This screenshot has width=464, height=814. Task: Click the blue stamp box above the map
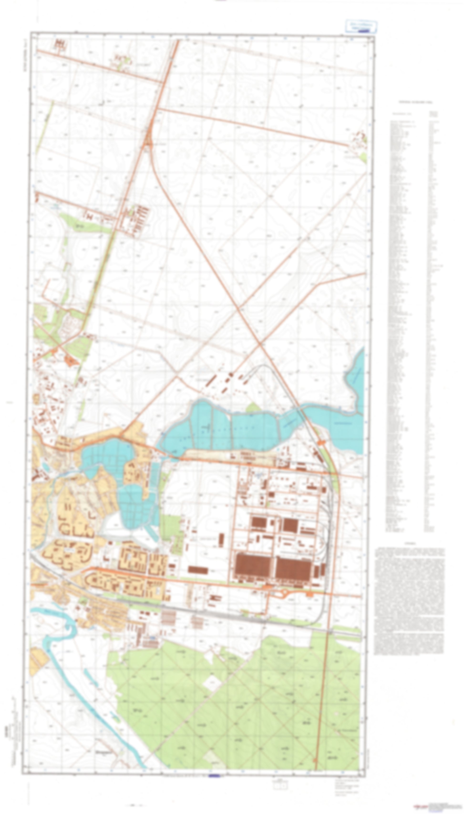click(x=361, y=26)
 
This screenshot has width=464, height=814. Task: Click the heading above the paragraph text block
click(x=410, y=544)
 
